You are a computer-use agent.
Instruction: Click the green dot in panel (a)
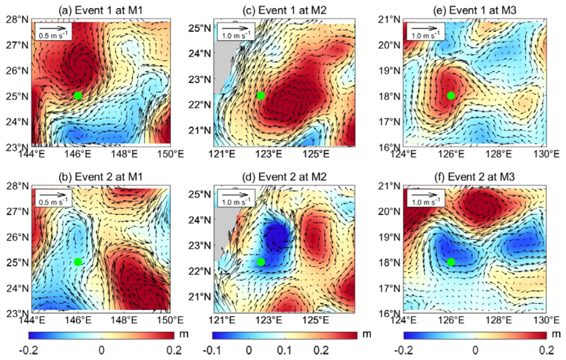[x=78, y=96]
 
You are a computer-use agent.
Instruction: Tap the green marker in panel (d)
[x=261, y=262]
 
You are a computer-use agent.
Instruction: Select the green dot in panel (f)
[x=451, y=262]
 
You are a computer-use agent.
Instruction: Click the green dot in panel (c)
[x=261, y=96]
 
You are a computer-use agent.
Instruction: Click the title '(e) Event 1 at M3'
[x=475, y=10]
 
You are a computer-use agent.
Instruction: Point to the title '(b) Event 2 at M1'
[x=101, y=177]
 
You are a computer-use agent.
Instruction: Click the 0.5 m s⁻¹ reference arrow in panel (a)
[x=53, y=28]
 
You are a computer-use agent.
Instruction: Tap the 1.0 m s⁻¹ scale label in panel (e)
[x=426, y=36]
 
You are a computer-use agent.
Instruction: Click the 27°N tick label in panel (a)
[x=17, y=45]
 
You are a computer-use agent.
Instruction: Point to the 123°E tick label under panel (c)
[x=274, y=154]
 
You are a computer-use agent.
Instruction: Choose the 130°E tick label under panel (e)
[x=546, y=154]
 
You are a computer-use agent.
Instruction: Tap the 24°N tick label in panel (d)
[x=200, y=220]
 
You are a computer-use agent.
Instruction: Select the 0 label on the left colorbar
[x=101, y=350]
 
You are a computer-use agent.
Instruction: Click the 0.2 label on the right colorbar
[x=546, y=350]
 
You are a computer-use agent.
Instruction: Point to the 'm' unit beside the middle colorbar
[x=366, y=334]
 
